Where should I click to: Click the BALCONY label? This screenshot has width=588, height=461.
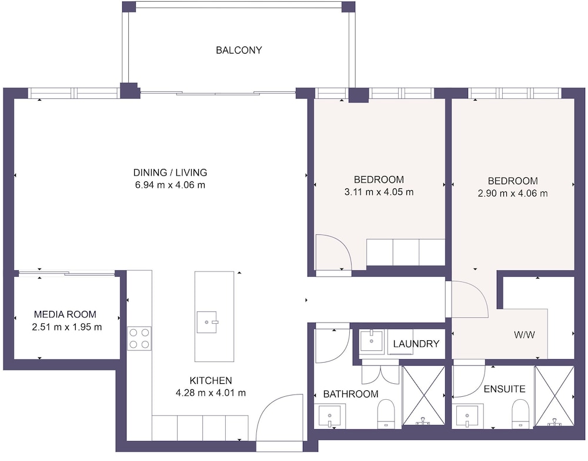click(239, 50)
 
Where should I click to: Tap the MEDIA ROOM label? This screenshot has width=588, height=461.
click(65, 314)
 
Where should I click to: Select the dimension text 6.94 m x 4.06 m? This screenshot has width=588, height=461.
click(170, 185)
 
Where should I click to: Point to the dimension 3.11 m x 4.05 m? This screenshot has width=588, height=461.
click(379, 192)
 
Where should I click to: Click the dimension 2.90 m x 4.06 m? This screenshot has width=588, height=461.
click(513, 194)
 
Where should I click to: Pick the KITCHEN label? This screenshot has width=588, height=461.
click(211, 381)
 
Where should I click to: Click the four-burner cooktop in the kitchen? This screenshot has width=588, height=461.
click(139, 339)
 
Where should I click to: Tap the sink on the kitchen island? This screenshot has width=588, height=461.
click(207, 322)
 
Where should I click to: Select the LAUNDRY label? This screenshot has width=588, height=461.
click(416, 344)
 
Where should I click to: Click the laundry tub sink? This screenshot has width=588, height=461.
click(372, 340)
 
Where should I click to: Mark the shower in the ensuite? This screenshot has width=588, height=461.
click(554, 396)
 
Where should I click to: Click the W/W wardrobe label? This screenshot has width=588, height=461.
click(524, 335)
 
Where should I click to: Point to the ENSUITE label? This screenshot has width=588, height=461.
click(505, 389)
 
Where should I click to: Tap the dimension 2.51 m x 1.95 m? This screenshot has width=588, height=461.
click(67, 327)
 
